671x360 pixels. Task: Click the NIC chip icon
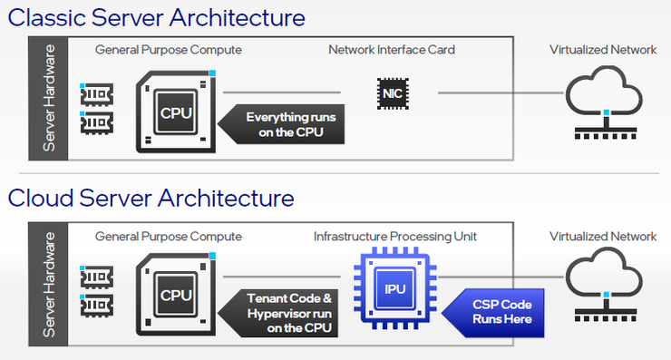(x=393, y=93)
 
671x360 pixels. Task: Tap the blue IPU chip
(x=395, y=288)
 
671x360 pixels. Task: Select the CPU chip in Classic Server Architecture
(x=176, y=112)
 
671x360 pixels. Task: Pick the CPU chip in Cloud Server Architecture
(x=176, y=294)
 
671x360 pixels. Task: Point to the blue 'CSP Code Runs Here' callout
(x=493, y=313)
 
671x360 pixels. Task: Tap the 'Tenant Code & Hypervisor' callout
(x=278, y=313)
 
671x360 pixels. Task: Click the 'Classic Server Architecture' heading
(x=157, y=18)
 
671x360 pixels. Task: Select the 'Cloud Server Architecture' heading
(x=151, y=199)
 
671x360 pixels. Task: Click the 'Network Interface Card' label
(x=392, y=50)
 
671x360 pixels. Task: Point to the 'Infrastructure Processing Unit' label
(x=395, y=237)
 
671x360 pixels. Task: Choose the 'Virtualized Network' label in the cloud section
(x=603, y=237)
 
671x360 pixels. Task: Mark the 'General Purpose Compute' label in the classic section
(x=169, y=50)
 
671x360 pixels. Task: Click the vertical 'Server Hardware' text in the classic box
(x=49, y=98)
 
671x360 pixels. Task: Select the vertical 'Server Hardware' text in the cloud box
(x=49, y=284)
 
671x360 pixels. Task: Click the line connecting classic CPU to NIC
(x=282, y=92)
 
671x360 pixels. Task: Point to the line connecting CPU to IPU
(x=282, y=277)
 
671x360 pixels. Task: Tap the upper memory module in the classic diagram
(x=97, y=94)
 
